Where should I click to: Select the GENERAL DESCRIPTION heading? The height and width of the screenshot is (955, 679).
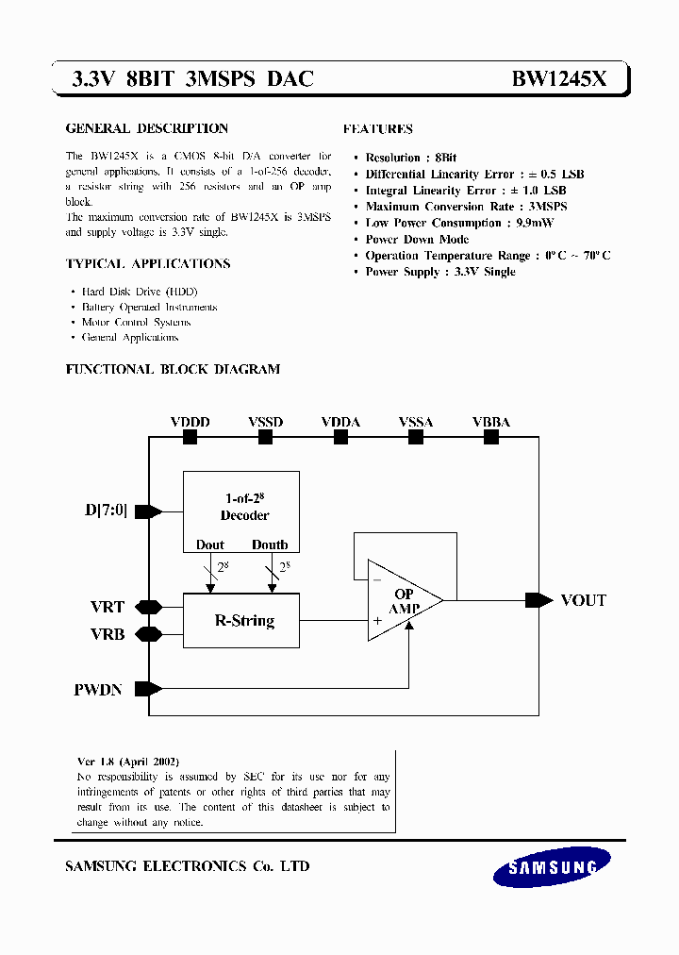pos(146,128)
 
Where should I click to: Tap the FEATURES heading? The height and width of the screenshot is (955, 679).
pos(377,129)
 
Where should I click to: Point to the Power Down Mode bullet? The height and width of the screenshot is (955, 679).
pos(417,240)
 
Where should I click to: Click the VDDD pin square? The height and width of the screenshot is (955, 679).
pos(190,437)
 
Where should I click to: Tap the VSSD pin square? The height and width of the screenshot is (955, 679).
pos(265,437)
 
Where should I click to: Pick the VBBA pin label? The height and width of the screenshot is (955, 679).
pos(490,423)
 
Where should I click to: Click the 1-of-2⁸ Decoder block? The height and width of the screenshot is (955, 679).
pos(241,511)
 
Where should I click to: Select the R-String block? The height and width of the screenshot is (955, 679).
pos(241,621)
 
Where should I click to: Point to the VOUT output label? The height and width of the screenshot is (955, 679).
pos(583,600)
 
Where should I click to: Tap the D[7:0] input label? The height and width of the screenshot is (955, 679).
pos(106,511)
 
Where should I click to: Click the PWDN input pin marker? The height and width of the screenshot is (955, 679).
pos(148,689)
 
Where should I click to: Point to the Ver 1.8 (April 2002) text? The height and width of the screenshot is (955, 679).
pos(127,761)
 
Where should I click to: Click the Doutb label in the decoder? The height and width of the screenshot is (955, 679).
pos(270,545)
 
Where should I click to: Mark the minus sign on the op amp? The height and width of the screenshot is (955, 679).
pos(377,578)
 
